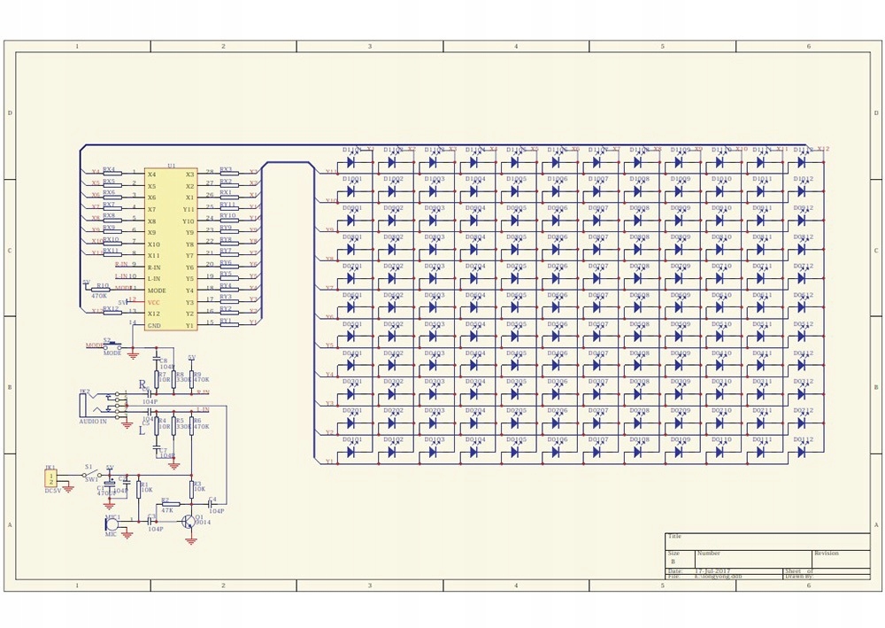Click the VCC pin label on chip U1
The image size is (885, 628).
pyautogui.click(x=154, y=302)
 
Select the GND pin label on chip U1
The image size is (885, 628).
pyautogui.click(x=154, y=325)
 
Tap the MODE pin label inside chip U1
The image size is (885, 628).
pyautogui.click(x=157, y=291)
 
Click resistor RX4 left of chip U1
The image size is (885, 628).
pyautogui.click(x=110, y=172)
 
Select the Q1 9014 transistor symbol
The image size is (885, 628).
pyautogui.click(x=189, y=522)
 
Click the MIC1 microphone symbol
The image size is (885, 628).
pyautogui.click(x=112, y=524)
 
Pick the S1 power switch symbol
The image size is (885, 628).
pyautogui.click(x=90, y=476)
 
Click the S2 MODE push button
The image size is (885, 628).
pyautogui.click(x=112, y=346)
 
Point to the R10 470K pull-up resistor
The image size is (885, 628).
pyautogui.click(x=104, y=290)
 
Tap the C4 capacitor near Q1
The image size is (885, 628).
pyautogui.click(x=212, y=505)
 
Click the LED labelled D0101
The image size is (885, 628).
pyautogui.click(x=351, y=452)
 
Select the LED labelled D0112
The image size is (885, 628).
pyautogui.click(x=801, y=452)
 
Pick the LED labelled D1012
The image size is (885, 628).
pyautogui.click(x=801, y=190)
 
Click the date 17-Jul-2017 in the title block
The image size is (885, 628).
pyautogui.click(x=713, y=571)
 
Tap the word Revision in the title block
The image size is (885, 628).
pyautogui.click(x=826, y=554)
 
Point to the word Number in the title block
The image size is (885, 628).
pyautogui.click(x=709, y=554)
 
